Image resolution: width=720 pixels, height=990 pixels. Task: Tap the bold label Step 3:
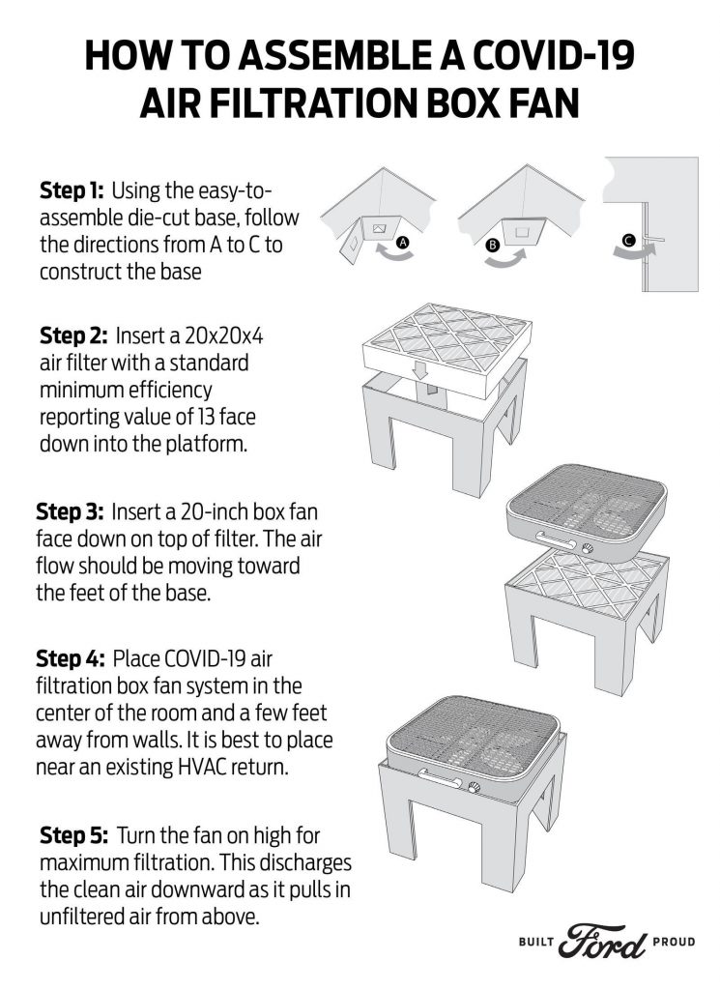tap(71, 510)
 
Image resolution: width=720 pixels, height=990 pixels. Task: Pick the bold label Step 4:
tap(71, 659)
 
